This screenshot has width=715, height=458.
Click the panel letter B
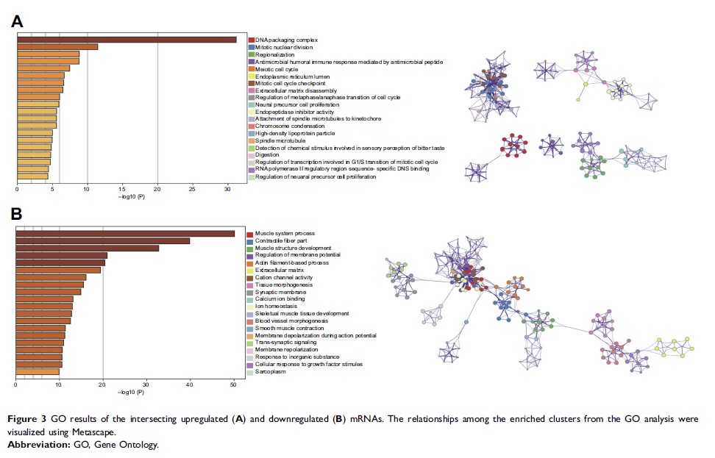tap(18, 214)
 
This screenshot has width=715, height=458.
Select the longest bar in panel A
tap(126, 40)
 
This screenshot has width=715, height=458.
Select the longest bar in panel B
tap(125, 234)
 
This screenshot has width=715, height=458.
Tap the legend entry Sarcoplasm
tap(271, 371)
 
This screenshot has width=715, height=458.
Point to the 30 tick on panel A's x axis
tap(227, 188)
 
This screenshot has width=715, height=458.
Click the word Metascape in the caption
tap(82, 432)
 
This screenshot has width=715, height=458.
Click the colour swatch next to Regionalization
tap(251, 54)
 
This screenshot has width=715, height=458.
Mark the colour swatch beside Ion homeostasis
tap(251, 307)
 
